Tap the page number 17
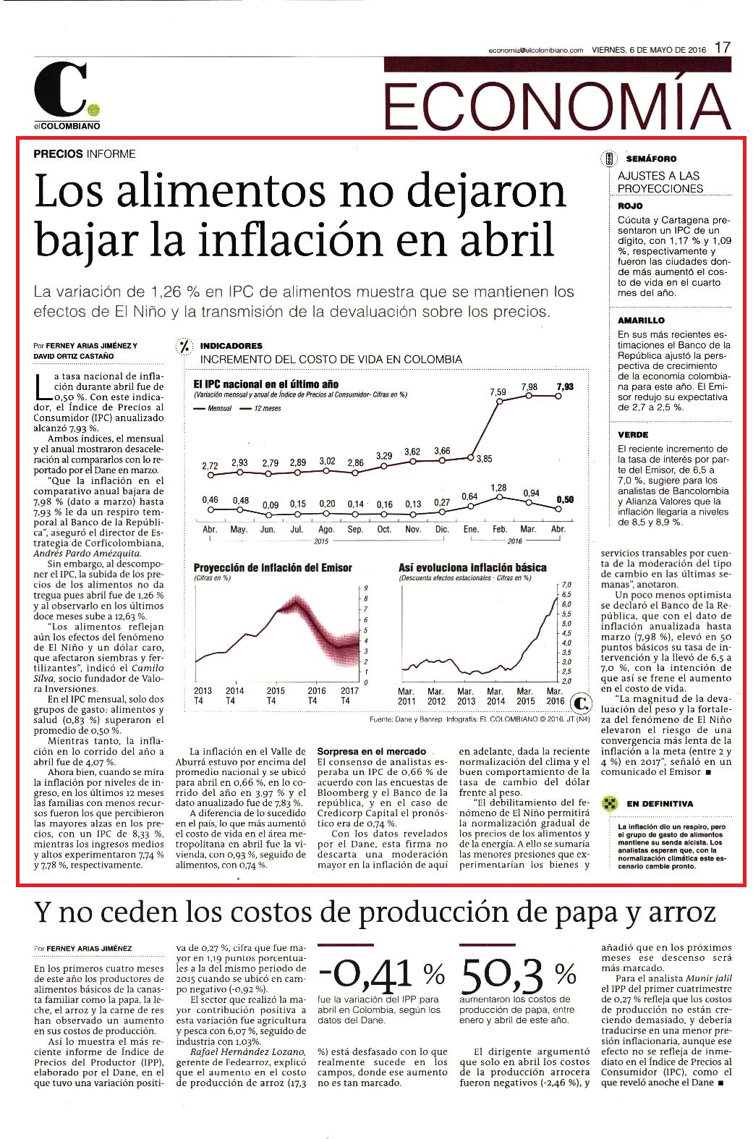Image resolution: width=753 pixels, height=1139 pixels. pyautogui.click(x=723, y=48)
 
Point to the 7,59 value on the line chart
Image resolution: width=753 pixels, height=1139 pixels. pyautogui.click(x=498, y=392)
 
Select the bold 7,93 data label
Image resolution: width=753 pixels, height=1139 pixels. pyautogui.click(x=565, y=386)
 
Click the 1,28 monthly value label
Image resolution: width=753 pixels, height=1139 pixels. pyautogui.click(x=498, y=488)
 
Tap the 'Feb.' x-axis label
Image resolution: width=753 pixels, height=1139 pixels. pyautogui.click(x=500, y=529)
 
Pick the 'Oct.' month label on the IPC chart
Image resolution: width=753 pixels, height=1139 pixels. pyautogui.click(x=384, y=529)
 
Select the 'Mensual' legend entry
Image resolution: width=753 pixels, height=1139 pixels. pyautogui.click(x=213, y=408)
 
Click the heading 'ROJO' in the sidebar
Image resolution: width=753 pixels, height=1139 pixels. pyautogui.click(x=630, y=206)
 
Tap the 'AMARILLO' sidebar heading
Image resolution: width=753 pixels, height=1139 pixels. pyautogui.click(x=641, y=321)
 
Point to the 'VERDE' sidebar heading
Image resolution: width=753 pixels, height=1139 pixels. pyautogui.click(x=633, y=435)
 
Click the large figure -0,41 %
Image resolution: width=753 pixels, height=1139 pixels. pyautogui.click(x=381, y=975)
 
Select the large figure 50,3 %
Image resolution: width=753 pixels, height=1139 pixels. pyautogui.click(x=518, y=975)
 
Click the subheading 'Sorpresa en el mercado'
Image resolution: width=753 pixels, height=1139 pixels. pyautogui.click(x=372, y=751)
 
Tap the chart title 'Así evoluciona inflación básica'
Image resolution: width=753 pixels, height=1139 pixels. pyautogui.click(x=472, y=567)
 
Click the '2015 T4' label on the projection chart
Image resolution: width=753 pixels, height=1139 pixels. pyautogui.click(x=276, y=695)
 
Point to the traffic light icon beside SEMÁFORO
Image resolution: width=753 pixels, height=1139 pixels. pyautogui.click(x=608, y=158)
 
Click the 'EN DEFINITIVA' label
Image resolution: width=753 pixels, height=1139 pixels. pyautogui.click(x=660, y=804)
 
